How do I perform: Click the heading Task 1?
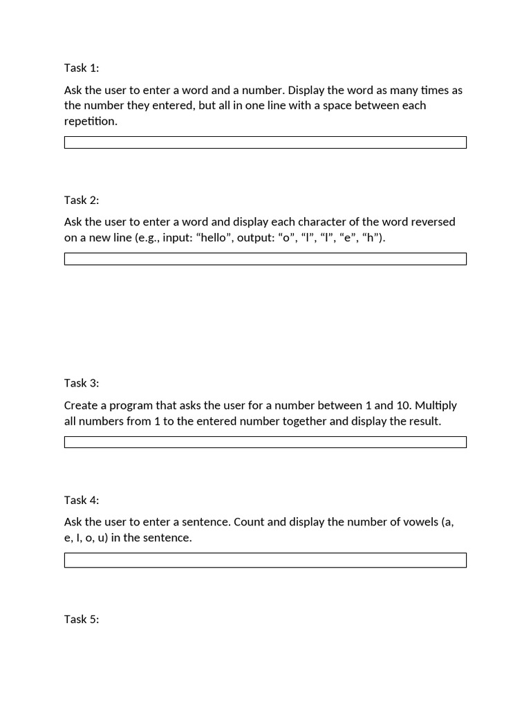(x=82, y=68)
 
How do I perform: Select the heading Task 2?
(x=82, y=201)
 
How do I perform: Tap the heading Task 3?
(x=82, y=383)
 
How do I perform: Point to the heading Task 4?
(x=82, y=500)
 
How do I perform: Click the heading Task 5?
(x=82, y=619)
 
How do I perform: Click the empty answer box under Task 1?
(x=265, y=142)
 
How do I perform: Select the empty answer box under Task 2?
(x=265, y=259)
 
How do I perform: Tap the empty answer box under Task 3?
(x=265, y=442)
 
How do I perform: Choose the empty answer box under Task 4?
(x=265, y=560)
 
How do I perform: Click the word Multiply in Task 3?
(x=436, y=405)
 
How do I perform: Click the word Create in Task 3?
(x=82, y=405)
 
